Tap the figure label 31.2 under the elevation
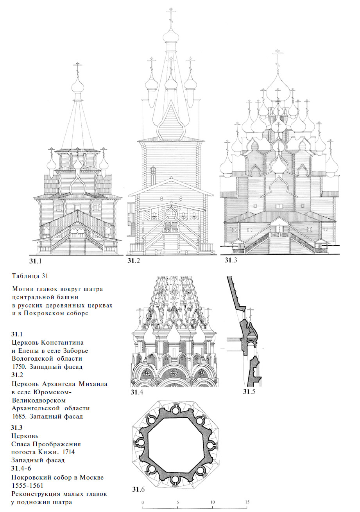(134, 260)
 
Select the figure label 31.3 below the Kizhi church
(231, 260)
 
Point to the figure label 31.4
(137, 392)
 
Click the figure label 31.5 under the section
(249, 392)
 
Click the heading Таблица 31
(30, 276)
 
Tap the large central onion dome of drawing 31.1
(78, 85)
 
